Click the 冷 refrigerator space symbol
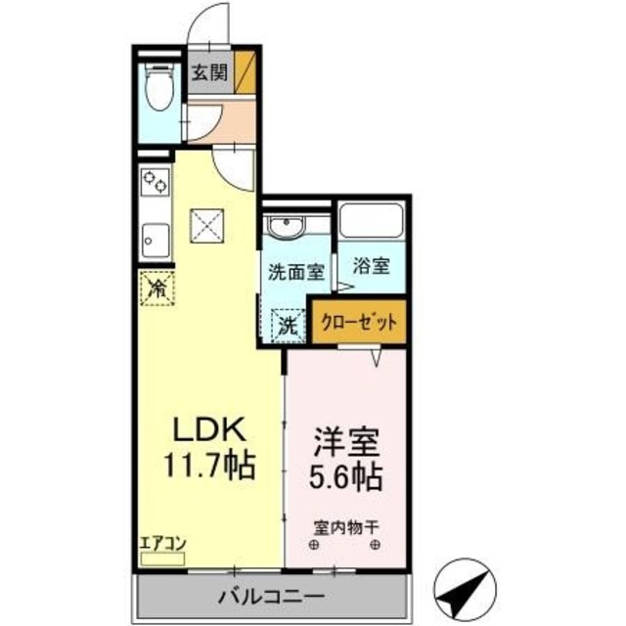click(156, 288)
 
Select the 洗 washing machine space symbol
click(289, 325)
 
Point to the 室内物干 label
click(345, 527)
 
